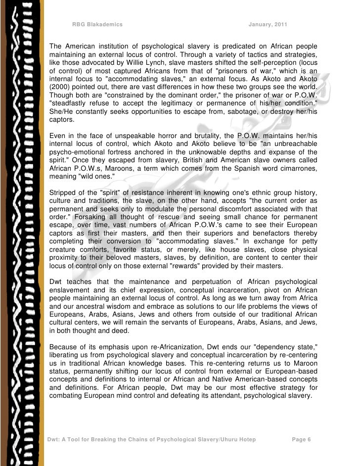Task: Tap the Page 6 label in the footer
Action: click(301, 439)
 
